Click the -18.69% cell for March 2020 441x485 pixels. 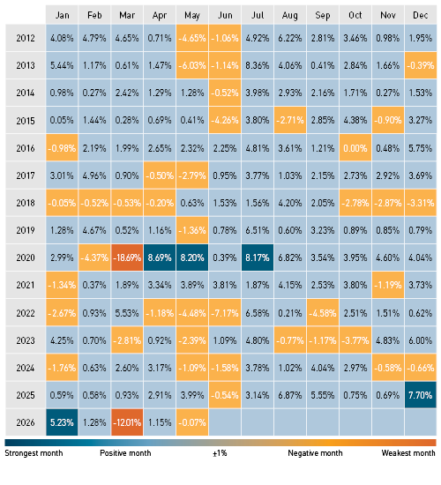127,257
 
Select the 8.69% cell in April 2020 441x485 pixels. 160,257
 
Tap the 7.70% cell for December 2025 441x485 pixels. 420,395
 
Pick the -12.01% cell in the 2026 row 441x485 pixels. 127,422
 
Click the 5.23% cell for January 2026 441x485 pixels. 62,422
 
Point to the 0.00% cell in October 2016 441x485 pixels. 355,148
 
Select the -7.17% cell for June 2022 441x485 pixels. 225,313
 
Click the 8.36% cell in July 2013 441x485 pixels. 258,65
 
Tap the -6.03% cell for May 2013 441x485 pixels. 192,65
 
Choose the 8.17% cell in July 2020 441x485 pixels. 258,257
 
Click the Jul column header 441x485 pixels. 258,15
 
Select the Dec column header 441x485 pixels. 420,15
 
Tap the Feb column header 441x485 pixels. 94,15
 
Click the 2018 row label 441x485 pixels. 26,203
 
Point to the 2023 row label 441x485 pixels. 26,340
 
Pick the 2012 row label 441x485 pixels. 26,38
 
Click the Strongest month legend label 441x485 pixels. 34,453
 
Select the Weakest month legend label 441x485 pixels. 408,453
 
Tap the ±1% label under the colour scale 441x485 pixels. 220,453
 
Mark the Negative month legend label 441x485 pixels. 315,453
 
